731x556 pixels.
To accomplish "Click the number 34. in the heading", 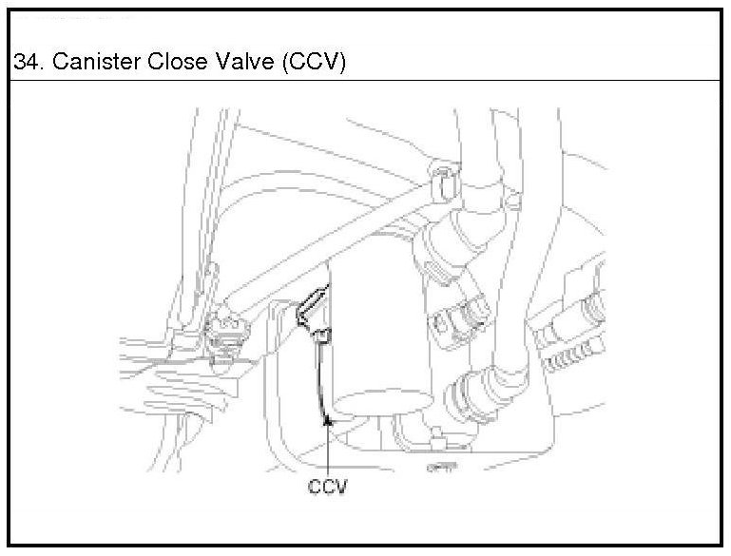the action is point(29,63).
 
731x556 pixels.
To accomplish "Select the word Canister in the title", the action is point(89,63).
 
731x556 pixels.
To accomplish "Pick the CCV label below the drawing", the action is point(328,487).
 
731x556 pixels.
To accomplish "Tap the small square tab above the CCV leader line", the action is point(322,334).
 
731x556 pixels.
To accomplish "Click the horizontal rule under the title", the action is point(365,82).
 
